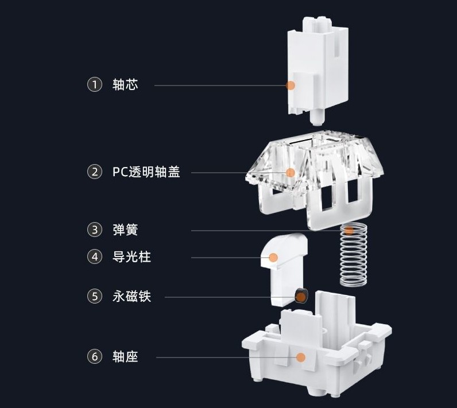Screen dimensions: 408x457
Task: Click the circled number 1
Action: click(94, 85)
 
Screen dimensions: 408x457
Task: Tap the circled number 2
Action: click(94, 172)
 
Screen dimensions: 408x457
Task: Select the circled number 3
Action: click(94, 230)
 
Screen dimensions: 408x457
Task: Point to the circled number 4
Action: click(94, 257)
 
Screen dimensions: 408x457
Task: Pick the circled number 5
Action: click(94, 296)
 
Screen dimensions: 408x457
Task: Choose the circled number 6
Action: click(94, 357)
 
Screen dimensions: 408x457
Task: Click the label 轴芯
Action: click(125, 85)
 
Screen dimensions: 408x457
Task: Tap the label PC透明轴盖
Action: click(146, 172)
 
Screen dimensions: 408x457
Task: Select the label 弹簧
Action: click(125, 230)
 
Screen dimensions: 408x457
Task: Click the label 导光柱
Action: click(131, 257)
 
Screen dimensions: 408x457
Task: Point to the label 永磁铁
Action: click(131, 296)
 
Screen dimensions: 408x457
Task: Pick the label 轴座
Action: click(125, 357)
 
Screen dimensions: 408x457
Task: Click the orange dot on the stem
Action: click(291, 86)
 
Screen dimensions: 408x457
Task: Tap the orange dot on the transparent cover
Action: click(291, 172)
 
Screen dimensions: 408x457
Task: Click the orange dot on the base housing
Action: click(300, 357)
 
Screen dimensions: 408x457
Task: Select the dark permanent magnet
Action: click(300, 296)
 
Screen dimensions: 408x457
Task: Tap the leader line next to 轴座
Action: click(224, 358)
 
